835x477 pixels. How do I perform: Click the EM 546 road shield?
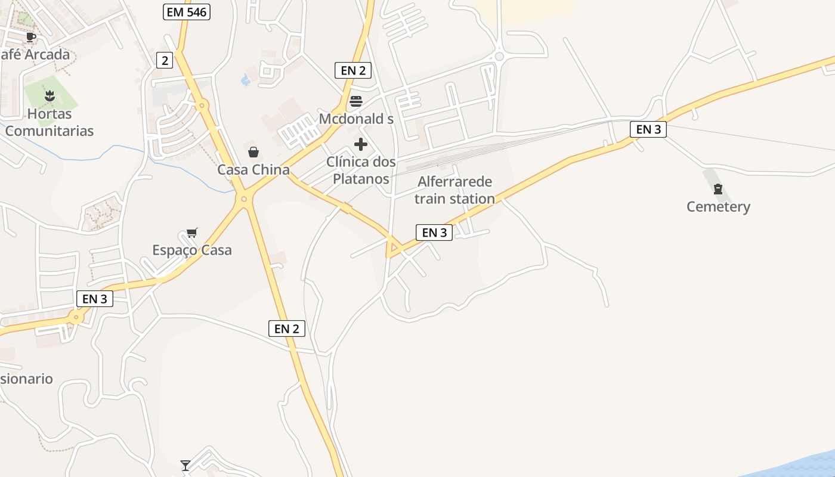tap(187, 11)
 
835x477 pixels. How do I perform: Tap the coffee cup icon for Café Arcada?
tap(31, 37)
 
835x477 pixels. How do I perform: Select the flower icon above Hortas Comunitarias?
tap(50, 95)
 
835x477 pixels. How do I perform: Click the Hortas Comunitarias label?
tap(50, 122)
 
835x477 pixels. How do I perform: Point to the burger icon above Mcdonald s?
tap(356, 101)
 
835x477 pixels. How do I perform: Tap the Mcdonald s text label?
tap(356, 119)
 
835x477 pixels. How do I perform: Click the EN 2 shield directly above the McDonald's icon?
tap(353, 70)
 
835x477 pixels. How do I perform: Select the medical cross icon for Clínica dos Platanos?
tap(361, 144)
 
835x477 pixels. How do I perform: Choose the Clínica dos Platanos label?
tap(361, 170)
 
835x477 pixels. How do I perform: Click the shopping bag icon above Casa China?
tap(253, 152)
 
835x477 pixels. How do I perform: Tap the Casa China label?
tap(253, 170)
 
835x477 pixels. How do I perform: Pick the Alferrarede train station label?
tap(455, 190)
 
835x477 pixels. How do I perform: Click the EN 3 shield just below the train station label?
tap(434, 233)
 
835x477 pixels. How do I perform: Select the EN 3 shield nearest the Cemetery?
tap(648, 129)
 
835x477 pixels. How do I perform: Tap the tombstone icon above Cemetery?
tap(718, 190)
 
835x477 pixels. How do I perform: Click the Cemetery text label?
tap(718, 207)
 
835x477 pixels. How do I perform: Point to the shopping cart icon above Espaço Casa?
tap(191, 233)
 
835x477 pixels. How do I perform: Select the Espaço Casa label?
tap(191, 250)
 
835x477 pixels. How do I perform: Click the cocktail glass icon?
tap(185, 465)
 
